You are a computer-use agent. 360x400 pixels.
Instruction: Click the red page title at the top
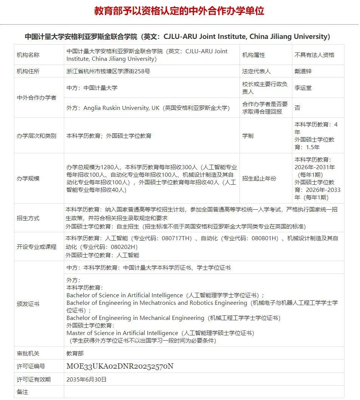(x=179, y=11)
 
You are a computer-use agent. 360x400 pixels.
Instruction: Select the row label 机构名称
(x=28, y=55)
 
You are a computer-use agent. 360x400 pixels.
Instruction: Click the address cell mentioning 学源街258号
(x=108, y=71)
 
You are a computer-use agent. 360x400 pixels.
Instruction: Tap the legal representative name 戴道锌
(x=303, y=71)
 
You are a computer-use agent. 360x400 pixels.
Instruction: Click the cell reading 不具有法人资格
(x=314, y=55)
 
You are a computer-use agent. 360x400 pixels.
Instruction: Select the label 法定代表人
(x=256, y=71)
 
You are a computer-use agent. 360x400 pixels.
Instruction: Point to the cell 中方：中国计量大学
(x=92, y=88)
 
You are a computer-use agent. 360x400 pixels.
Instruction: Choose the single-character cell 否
(x=298, y=108)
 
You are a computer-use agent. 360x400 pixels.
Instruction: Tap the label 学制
(x=248, y=136)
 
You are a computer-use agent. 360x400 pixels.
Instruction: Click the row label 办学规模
(x=28, y=178)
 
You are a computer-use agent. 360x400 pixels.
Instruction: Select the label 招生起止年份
(x=259, y=178)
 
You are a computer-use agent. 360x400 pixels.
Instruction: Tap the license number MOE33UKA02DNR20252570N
(x=120, y=366)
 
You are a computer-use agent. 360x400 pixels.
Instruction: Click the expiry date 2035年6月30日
(x=87, y=379)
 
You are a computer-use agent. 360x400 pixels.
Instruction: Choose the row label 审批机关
(x=28, y=354)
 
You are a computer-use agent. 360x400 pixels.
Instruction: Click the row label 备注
(x=23, y=392)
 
